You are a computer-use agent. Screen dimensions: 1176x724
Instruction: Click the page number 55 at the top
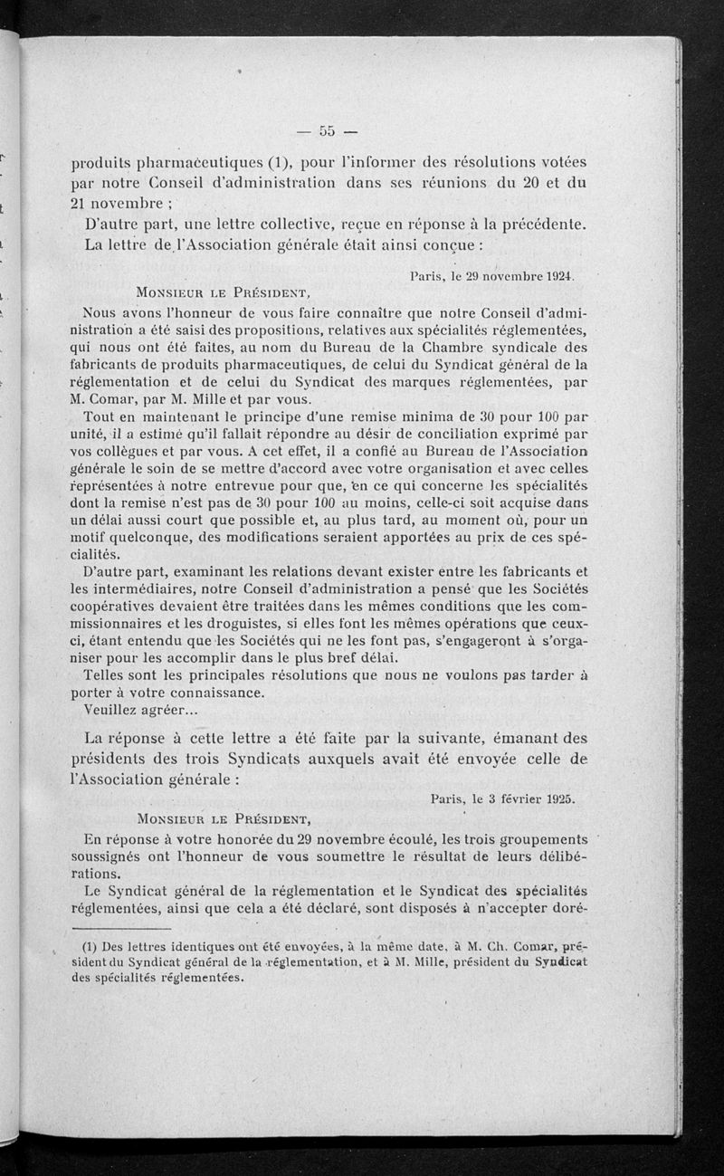pos(327,130)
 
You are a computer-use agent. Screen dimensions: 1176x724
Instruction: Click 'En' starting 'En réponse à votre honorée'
pos(92,839)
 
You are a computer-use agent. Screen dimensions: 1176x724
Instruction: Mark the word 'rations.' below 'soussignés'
pos(97,875)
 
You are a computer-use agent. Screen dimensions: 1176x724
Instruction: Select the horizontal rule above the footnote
pos(121,929)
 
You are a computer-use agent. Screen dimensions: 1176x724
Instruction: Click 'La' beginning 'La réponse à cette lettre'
pos(94,740)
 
